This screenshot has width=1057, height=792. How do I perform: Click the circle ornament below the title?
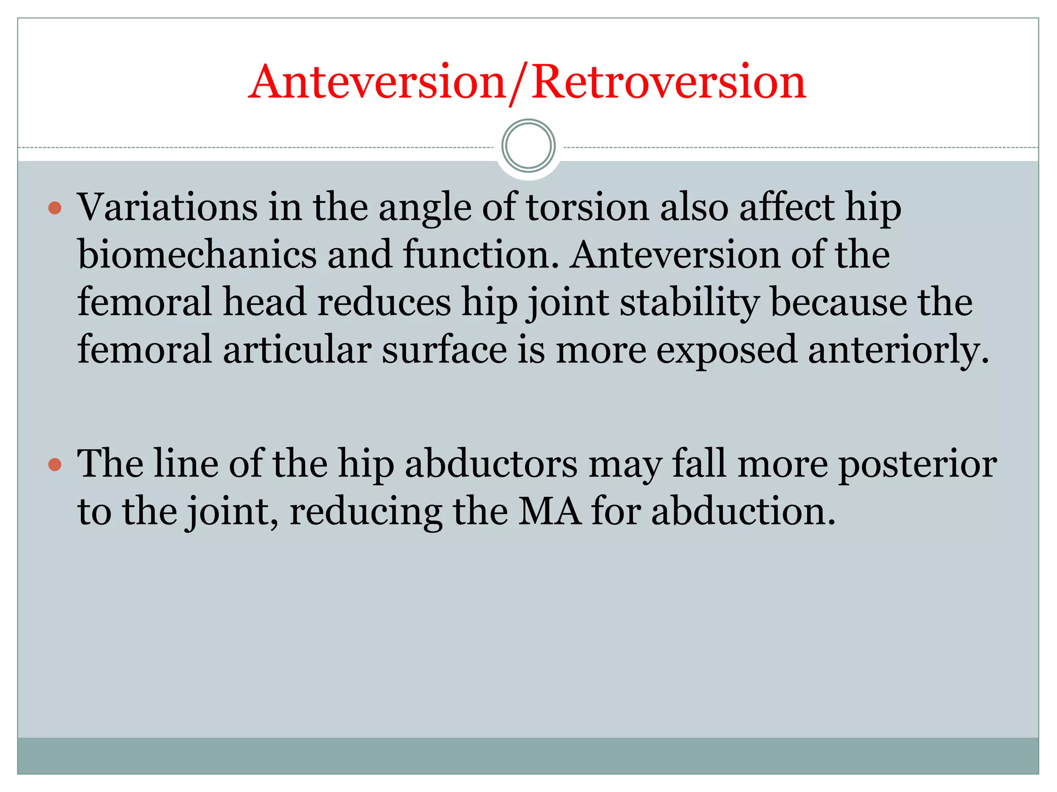coord(528,146)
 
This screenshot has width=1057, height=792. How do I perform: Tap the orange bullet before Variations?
coord(55,208)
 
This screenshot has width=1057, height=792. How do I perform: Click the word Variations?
coord(167,207)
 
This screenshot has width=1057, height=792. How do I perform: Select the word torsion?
coord(587,207)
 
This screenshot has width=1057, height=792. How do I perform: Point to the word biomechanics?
coord(197,255)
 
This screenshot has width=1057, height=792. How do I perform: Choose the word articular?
coord(297,350)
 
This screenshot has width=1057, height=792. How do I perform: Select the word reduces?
coord(384,303)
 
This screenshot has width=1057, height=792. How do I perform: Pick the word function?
coord(481,255)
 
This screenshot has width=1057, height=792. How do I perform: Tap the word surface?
coord(444,350)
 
